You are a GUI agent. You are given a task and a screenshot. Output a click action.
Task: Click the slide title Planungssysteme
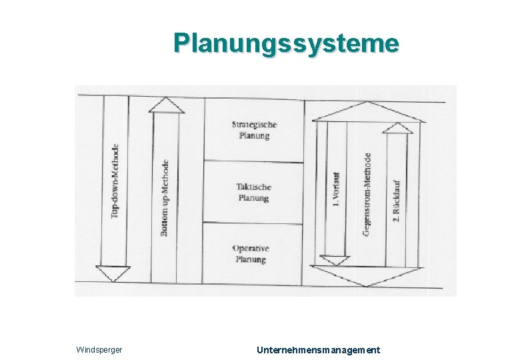(x=286, y=43)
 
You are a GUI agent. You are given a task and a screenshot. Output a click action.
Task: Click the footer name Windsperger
(x=99, y=350)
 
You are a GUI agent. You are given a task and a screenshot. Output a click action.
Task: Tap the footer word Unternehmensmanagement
(x=318, y=350)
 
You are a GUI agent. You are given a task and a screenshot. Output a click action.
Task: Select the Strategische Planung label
(x=254, y=130)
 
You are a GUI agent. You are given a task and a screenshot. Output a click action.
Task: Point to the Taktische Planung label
(x=254, y=193)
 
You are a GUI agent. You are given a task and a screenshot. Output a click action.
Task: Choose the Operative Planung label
(x=251, y=254)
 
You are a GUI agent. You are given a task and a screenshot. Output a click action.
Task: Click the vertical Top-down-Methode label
(x=115, y=181)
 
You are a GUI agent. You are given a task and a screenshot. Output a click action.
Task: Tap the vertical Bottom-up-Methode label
(x=165, y=197)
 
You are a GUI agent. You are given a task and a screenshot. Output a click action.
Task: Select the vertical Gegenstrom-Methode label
(x=367, y=194)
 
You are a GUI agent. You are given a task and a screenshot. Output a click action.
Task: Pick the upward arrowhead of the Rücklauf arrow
(x=398, y=127)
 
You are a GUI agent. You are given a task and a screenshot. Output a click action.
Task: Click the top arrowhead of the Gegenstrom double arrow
(x=367, y=111)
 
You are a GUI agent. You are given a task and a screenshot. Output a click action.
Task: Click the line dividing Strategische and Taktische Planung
(x=253, y=160)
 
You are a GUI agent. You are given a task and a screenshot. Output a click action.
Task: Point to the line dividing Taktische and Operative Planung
(x=253, y=223)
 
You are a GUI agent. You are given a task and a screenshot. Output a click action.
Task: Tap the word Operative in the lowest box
(x=251, y=249)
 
